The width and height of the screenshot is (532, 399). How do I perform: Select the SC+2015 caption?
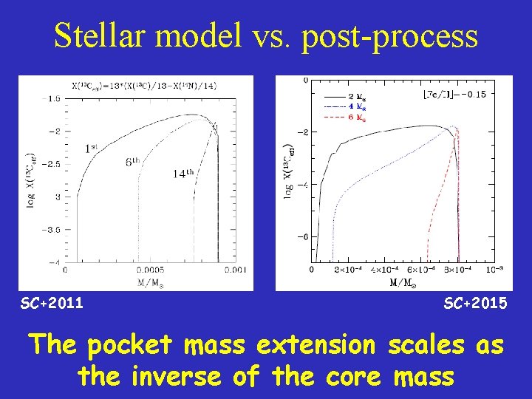coord(475,303)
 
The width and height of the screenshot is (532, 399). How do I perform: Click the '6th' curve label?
coord(133,162)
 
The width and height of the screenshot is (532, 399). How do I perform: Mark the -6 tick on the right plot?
coord(303,237)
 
